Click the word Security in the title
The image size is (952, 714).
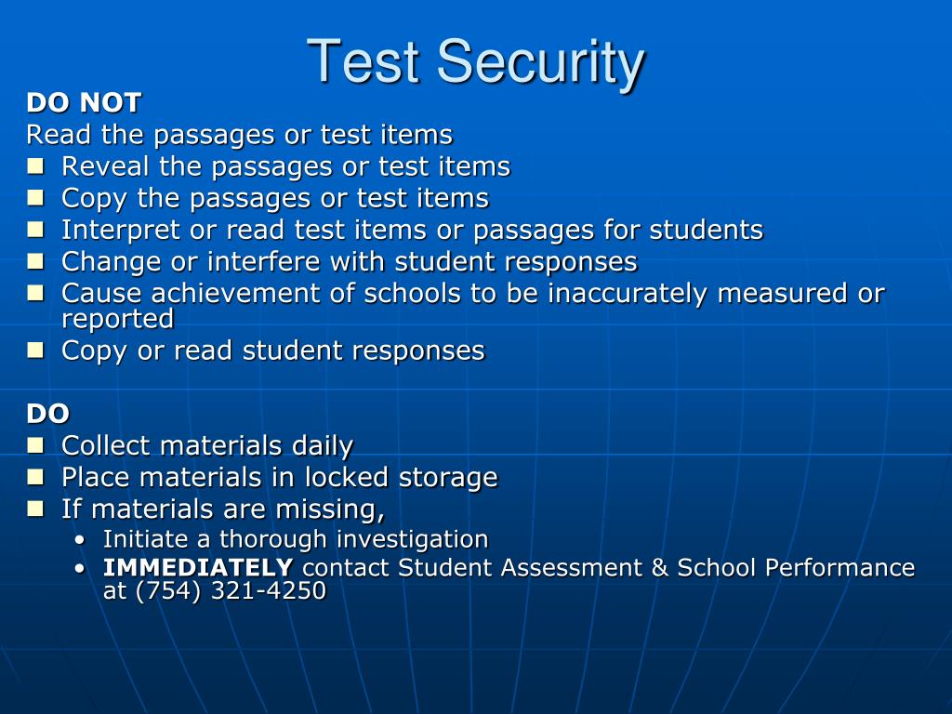click(540, 62)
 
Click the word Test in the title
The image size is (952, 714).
click(367, 62)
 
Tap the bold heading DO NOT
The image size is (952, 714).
click(84, 103)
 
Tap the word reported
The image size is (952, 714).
click(117, 320)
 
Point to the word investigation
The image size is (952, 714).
click(412, 540)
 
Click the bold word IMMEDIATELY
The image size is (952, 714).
click(198, 568)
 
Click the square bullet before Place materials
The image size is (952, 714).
click(35, 477)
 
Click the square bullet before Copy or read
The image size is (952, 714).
click(35, 350)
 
